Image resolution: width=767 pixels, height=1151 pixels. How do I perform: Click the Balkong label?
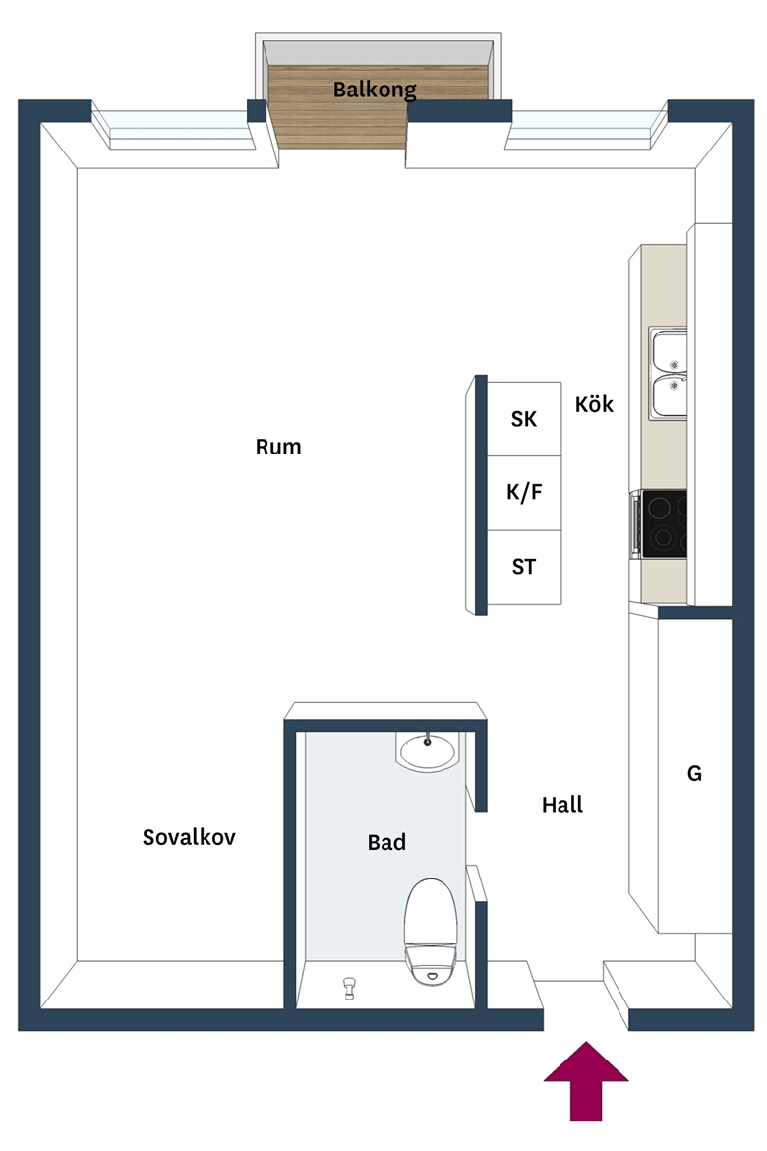(x=375, y=90)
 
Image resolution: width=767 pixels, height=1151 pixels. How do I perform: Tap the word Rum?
(x=278, y=447)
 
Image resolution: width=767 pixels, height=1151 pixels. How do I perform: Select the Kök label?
(x=594, y=403)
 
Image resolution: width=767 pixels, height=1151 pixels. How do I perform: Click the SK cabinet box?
(x=524, y=418)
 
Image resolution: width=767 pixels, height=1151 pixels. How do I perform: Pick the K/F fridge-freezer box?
(x=524, y=493)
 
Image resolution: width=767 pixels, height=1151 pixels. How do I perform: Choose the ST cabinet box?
(x=524, y=567)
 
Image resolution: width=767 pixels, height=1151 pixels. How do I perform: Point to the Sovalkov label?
(x=189, y=837)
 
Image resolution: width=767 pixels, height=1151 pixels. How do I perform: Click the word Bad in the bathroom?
(x=386, y=842)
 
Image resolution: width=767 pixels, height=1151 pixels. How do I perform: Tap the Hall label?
(x=562, y=805)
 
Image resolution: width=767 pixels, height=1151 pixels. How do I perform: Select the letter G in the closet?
(x=694, y=773)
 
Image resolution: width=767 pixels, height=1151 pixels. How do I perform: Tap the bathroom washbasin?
(x=427, y=751)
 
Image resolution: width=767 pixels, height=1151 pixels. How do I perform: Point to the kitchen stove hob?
(x=665, y=523)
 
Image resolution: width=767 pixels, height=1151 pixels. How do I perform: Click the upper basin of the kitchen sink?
(x=669, y=351)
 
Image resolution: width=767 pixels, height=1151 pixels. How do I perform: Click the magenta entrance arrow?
(x=586, y=1080)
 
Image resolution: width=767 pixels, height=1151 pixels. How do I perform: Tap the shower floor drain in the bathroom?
(x=350, y=988)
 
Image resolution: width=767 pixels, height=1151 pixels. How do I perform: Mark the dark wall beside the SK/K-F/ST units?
(x=481, y=495)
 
